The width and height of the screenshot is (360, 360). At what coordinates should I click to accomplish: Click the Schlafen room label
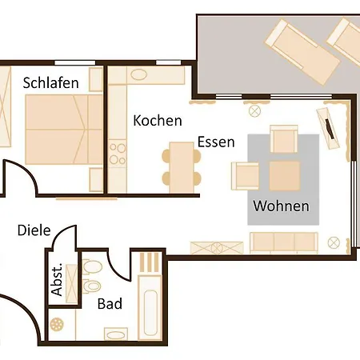50,82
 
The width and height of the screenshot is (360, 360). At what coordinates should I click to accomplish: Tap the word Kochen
158,121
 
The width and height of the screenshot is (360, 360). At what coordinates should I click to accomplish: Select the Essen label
216,142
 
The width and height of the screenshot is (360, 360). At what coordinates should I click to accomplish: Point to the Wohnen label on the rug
282,206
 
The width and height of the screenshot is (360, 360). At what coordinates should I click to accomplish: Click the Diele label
34,230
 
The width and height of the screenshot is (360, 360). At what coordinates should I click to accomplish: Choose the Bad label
110,304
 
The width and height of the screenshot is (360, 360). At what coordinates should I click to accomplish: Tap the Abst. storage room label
57,279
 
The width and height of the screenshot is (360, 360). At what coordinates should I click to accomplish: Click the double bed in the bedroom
64,130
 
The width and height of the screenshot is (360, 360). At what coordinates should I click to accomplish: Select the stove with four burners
118,154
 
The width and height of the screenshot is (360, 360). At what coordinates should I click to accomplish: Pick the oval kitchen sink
139,74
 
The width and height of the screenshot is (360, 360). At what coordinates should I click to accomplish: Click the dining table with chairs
182,167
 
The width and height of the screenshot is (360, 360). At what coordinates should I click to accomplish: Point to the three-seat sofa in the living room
284,242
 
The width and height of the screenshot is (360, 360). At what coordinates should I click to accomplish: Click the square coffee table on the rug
285,176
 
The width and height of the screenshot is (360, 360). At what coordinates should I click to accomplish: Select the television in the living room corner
328,128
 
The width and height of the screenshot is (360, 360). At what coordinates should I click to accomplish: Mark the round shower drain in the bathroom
57,324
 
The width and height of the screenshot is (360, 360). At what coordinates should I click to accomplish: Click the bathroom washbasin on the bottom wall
116,334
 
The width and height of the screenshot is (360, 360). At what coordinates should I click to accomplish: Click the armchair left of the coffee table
245,176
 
